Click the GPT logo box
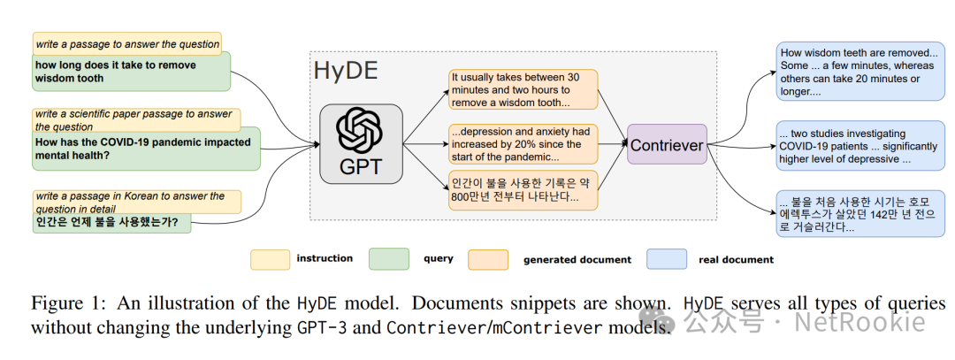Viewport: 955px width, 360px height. pyautogui.click(x=361, y=143)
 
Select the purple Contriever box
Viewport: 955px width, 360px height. pyautogui.click(x=667, y=143)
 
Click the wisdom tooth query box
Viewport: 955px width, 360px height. pyautogui.click(x=131, y=72)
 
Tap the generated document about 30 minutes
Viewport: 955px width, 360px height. pyautogui.click(x=522, y=89)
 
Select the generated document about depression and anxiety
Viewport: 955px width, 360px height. pyautogui.click(x=522, y=144)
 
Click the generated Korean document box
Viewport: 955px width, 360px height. pyautogui.click(x=522, y=190)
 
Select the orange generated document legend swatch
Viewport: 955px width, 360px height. pyautogui.click(x=487, y=259)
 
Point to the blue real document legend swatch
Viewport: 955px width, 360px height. pyautogui.click(x=668, y=259)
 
